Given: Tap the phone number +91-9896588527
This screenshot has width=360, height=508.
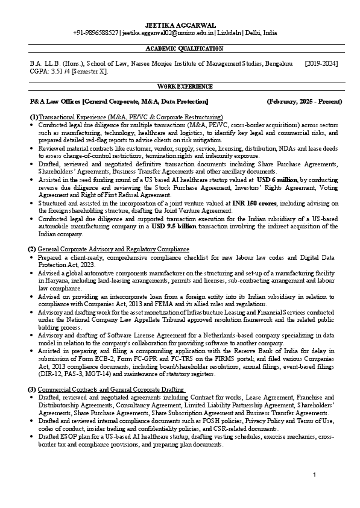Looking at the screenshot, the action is pyautogui.click(x=96, y=34).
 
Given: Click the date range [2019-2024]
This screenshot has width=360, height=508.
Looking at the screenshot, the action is pyautogui.click(x=321, y=63).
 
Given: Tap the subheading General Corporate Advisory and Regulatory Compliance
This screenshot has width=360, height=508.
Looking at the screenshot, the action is pyautogui.click(x=113, y=249).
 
